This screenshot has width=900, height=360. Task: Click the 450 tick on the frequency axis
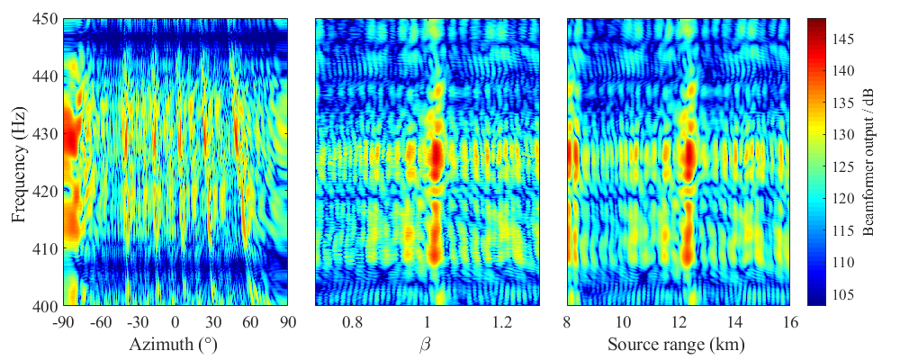(x=46, y=19)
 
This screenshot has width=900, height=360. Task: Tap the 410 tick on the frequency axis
(x=46, y=249)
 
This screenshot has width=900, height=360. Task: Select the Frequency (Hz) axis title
(x=19, y=162)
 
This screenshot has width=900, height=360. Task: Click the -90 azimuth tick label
(x=64, y=321)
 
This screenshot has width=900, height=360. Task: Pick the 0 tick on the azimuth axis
(x=175, y=321)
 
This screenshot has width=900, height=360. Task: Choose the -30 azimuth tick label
(x=138, y=321)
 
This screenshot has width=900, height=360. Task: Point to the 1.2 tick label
(x=502, y=321)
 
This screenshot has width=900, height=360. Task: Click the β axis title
(x=427, y=345)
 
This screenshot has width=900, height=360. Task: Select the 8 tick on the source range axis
(x=567, y=321)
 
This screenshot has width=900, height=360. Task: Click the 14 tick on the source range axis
(x=735, y=321)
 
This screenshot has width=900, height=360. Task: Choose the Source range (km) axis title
(x=677, y=345)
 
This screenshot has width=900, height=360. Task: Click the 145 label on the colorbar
(x=841, y=38)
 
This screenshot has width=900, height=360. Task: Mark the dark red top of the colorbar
(x=816, y=22)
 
